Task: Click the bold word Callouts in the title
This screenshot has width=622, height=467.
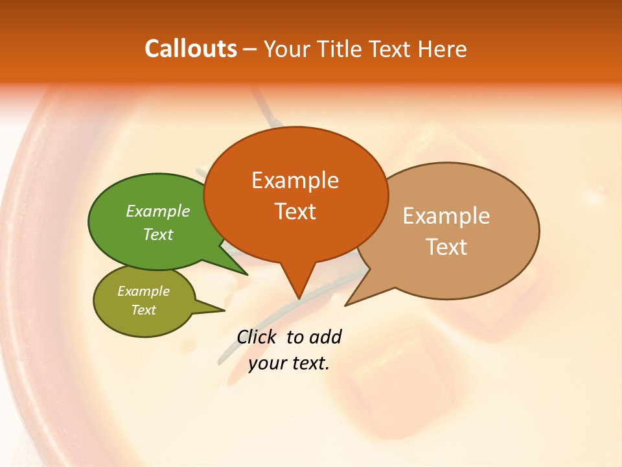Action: pyautogui.click(x=190, y=49)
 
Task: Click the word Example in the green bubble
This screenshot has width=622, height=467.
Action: pyautogui.click(x=158, y=211)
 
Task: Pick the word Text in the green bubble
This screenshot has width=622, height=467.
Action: pyautogui.click(x=158, y=235)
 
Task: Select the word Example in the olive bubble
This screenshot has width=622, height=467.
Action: pyautogui.click(x=143, y=291)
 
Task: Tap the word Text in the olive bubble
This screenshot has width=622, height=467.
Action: pyautogui.click(x=143, y=310)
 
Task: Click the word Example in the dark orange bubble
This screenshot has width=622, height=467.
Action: pyautogui.click(x=295, y=180)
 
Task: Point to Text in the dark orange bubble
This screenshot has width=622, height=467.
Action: pyautogui.click(x=295, y=211)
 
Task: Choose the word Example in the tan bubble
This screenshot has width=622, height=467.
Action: pyautogui.click(x=446, y=216)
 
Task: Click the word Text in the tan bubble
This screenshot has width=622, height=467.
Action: pyautogui.click(x=446, y=247)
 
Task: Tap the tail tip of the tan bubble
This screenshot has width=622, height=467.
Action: pyautogui.click(x=345, y=305)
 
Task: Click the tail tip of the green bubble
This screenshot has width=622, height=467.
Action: pyautogui.click(x=247, y=274)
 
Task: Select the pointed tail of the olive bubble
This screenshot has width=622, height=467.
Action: pyautogui.click(x=224, y=310)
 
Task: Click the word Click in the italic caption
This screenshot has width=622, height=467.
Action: pyautogui.click(x=257, y=337)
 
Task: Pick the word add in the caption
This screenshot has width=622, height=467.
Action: pyautogui.click(x=326, y=337)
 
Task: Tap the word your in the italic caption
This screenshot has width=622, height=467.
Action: pyautogui.click(x=266, y=363)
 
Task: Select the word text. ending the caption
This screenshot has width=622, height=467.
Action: pyautogui.click(x=309, y=363)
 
